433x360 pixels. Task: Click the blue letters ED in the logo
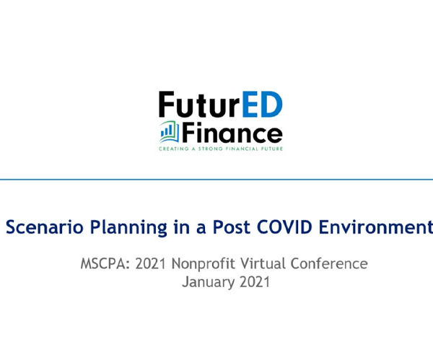(x=263, y=104)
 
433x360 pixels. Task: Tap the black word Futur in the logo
(x=199, y=104)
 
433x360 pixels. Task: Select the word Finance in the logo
(x=232, y=133)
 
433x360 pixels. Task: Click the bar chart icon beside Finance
(x=170, y=131)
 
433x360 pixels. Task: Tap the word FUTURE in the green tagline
(x=272, y=149)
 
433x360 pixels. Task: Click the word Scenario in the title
(x=45, y=227)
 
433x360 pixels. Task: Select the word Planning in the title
(x=128, y=228)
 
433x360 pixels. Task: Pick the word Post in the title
(x=232, y=227)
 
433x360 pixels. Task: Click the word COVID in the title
(x=284, y=227)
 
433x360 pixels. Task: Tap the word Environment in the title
(x=376, y=227)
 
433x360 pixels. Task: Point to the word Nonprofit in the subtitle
(x=204, y=264)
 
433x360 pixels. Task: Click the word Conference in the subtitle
(x=329, y=263)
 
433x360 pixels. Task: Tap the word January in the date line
(x=209, y=283)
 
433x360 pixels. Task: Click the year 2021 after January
(x=255, y=282)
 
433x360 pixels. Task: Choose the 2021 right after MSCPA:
(x=151, y=263)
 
